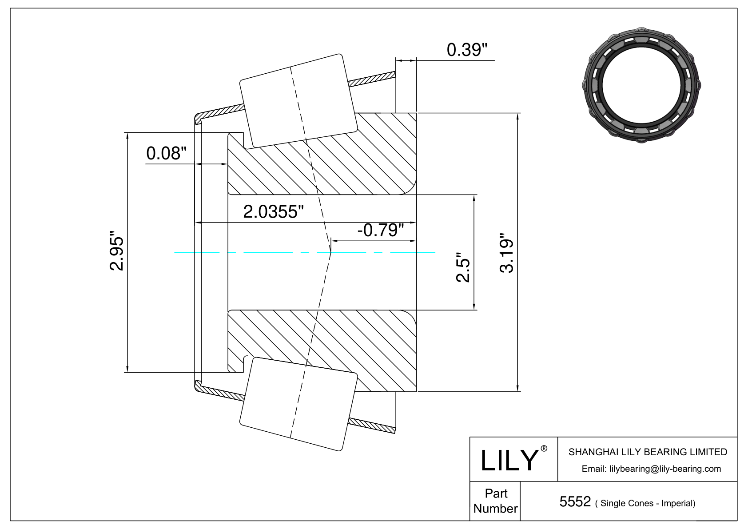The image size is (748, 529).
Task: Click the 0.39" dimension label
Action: (x=467, y=50)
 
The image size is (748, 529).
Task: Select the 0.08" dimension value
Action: (x=166, y=153)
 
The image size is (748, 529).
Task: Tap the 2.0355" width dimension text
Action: (x=274, y=212)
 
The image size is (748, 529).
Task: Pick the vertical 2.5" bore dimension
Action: (x=463, y=267)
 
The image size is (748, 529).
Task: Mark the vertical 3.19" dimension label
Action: (x=506, y=253)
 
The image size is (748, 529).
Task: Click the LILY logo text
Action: (x=509, y=461)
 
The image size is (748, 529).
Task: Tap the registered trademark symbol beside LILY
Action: (x=544, y=449)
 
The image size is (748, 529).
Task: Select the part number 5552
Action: (x=575, y=502)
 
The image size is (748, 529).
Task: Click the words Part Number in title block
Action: (x=496, y=501)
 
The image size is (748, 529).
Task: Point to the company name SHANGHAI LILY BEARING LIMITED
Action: (x=648, y=452)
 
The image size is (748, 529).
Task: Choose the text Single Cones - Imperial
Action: (x=648, y=503)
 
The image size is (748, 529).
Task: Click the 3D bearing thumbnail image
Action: (x=641, y=85)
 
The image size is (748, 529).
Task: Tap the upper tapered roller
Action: (x=298, y=101)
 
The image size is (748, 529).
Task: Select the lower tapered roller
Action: (x=298, y=404)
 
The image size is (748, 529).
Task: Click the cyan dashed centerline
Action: (x=305, y=252)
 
